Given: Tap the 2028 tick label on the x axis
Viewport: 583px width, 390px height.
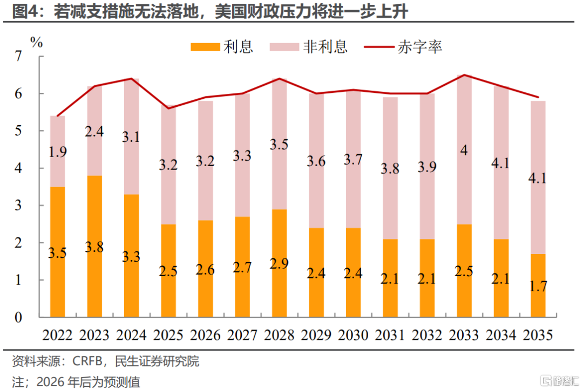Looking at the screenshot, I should [x=279, y=335].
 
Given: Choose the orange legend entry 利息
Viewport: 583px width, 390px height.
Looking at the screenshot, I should [x=222, y=47].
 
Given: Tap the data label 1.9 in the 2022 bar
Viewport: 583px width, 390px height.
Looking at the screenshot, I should [x=58, y=152].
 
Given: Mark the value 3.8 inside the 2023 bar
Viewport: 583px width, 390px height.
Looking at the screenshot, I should [x=94, y=248].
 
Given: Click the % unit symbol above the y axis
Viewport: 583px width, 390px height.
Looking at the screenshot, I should [x=36, y=43].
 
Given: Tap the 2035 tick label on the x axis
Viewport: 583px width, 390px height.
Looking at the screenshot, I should [x=538, y=335].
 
